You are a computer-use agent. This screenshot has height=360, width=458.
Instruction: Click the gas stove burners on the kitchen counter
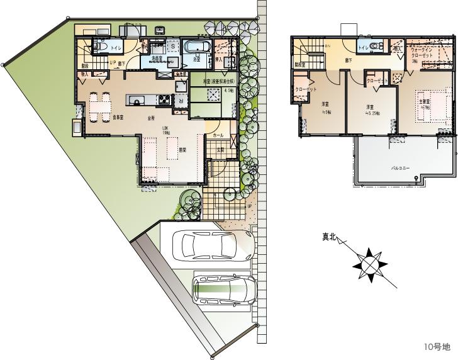164,99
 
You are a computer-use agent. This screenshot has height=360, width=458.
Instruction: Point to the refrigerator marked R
181,99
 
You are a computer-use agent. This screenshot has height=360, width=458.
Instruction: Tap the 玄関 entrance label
221,150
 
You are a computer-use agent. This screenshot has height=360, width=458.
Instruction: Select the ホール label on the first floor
218,135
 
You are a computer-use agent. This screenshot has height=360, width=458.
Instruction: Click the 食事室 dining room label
118,118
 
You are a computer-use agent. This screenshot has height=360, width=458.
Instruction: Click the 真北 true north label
330,237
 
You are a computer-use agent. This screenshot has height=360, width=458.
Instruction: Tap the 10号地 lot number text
437,347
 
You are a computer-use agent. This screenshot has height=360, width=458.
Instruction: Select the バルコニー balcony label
401,169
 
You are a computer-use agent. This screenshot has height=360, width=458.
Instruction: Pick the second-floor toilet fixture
375,47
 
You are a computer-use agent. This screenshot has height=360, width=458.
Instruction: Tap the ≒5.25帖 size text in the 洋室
372,115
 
